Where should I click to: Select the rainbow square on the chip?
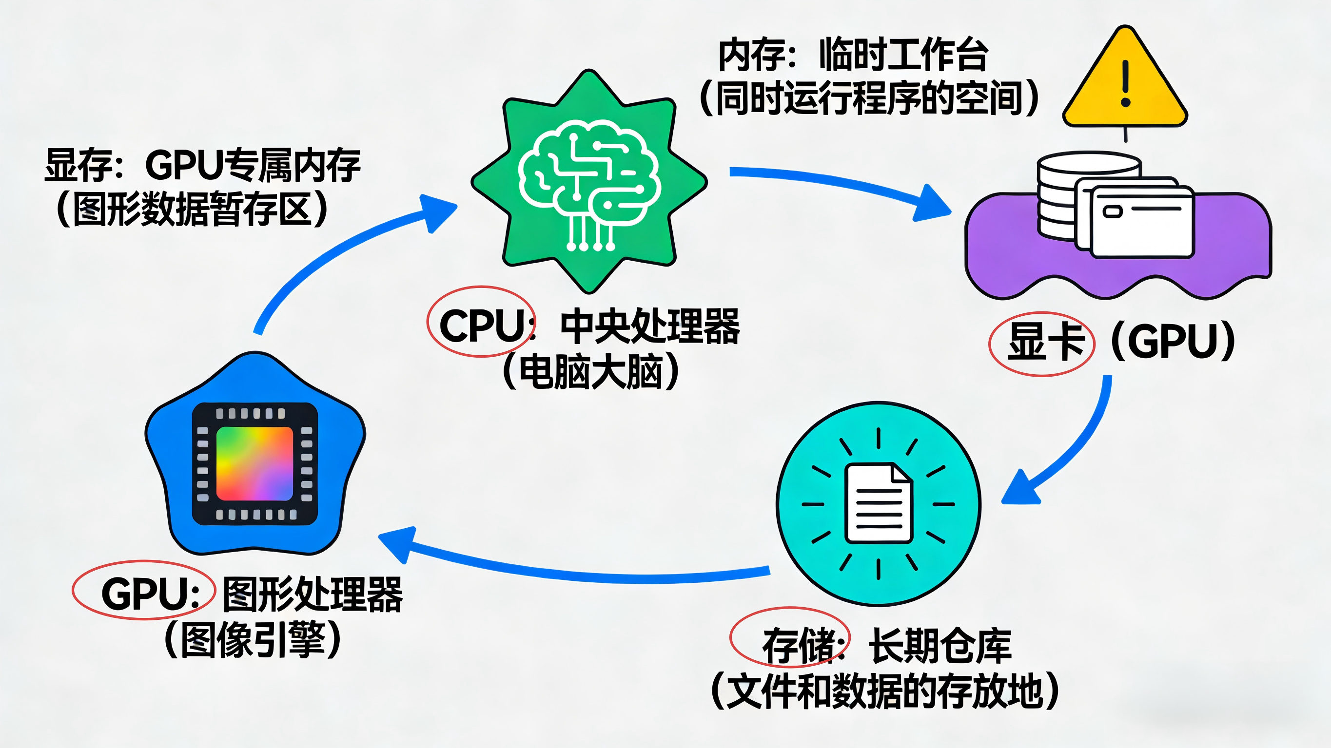point(254,463)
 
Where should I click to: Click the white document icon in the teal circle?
point(879,502)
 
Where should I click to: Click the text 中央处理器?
point(650,326)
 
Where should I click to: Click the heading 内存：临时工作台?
point(853,55)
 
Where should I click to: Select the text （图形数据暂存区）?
point(192,209)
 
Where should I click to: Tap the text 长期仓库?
point(940,645)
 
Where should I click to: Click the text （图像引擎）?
point(253,639)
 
